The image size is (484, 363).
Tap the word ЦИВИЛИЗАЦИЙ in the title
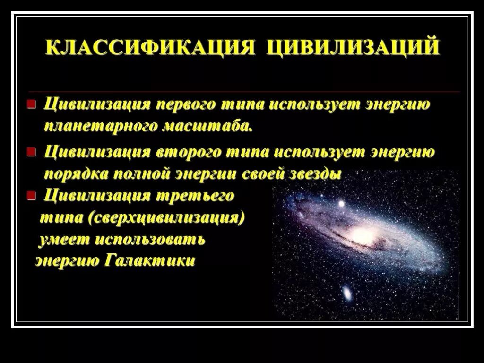click(353, 48)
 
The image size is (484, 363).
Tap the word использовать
click(150, 240)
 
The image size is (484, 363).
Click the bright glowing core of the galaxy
click(363, 235)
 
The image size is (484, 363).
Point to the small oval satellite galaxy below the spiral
click(347, 294)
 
